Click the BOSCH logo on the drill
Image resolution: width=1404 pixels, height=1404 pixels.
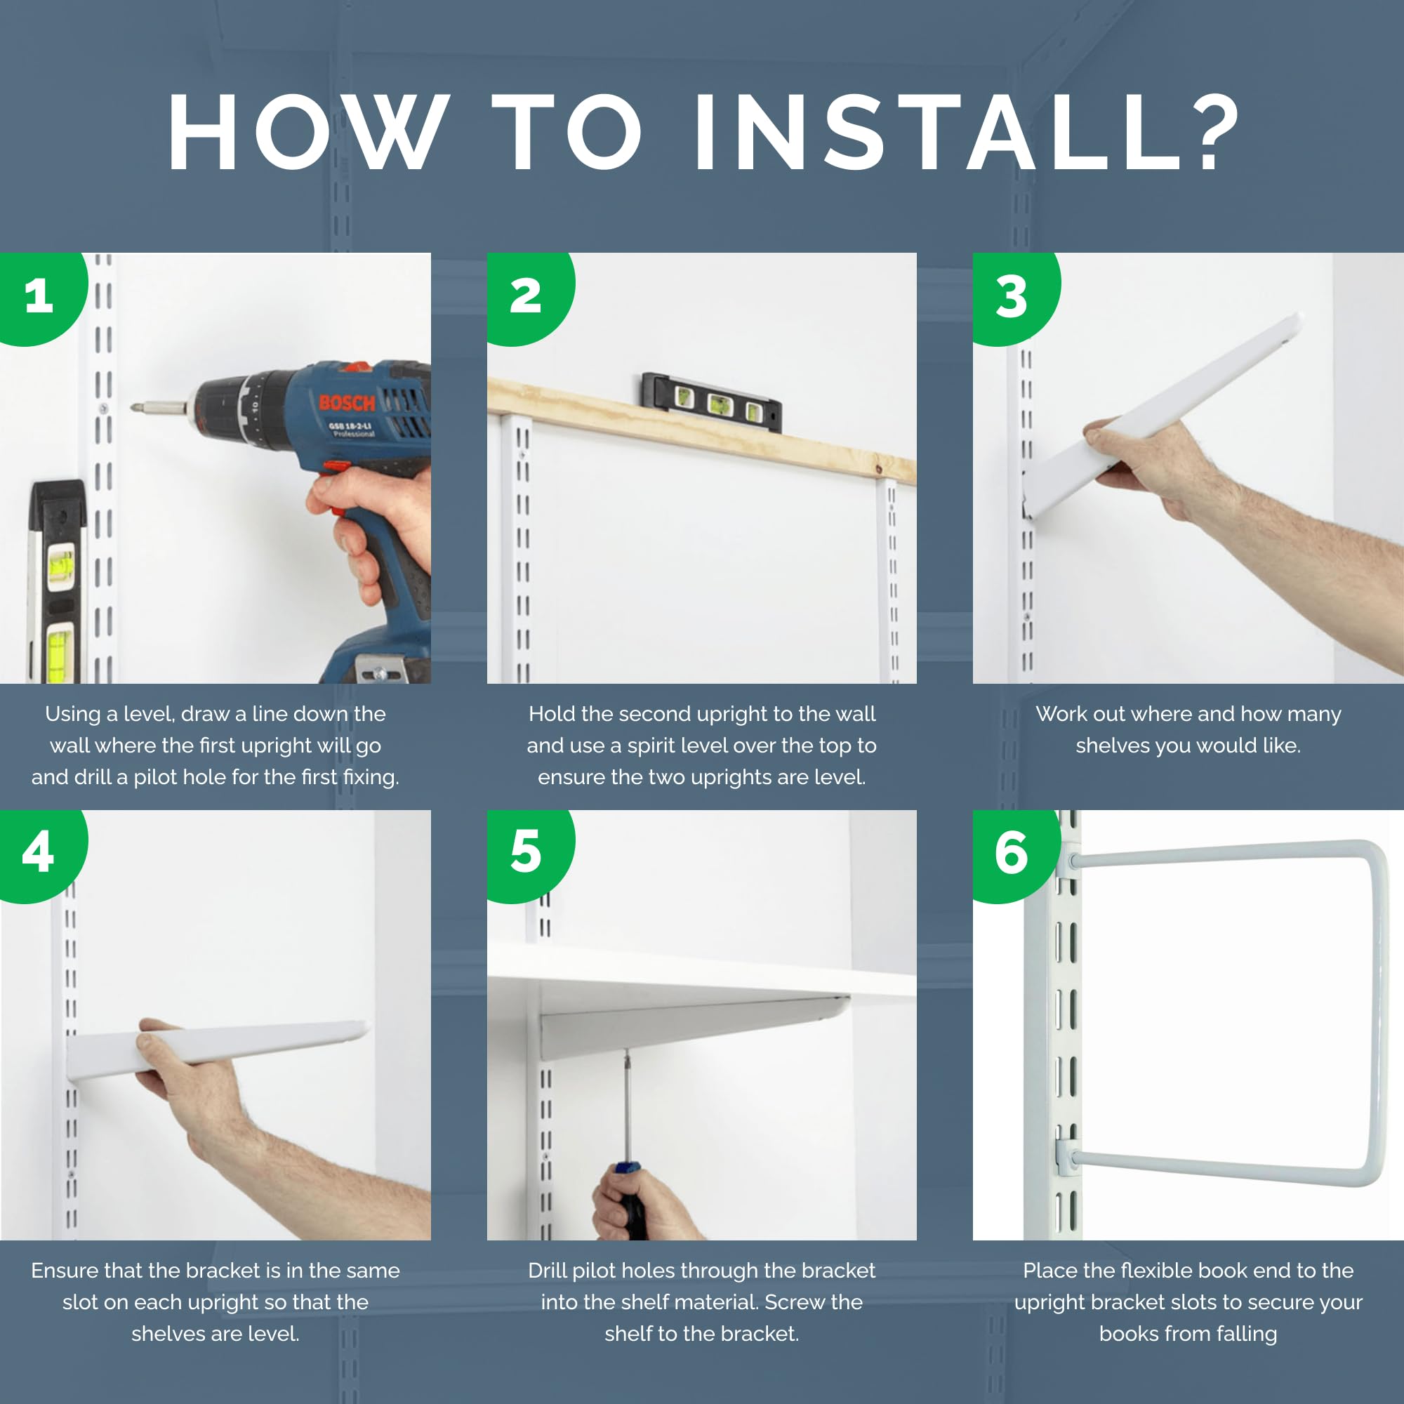[x=347, y=402]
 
